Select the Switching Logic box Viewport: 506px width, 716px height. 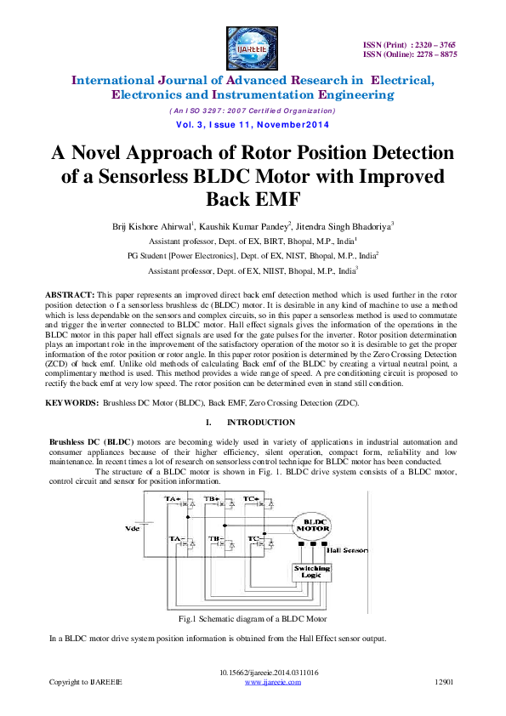pos(313,571)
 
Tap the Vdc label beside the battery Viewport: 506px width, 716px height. pos(134,528)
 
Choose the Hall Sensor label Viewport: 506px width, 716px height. pos(346,551)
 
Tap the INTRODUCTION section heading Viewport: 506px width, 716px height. pos(261,423)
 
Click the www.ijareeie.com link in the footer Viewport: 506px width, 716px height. pos(269,682)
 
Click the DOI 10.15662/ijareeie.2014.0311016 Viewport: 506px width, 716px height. pos(269,673)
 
